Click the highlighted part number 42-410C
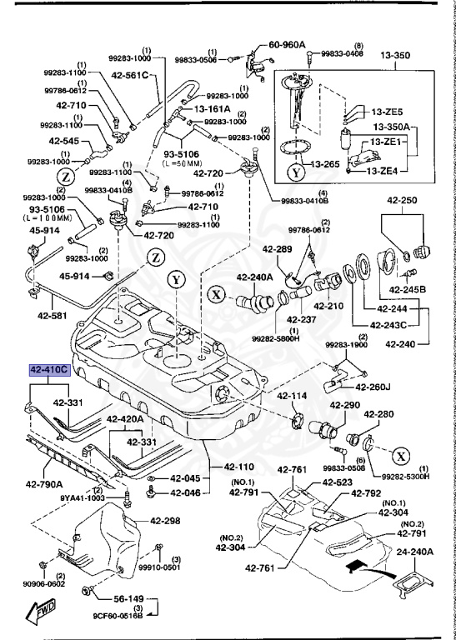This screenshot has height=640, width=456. pos(49,371)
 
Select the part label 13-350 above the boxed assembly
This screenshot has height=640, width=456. pos(395,56)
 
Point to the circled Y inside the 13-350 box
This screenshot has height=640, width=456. pos(296,172)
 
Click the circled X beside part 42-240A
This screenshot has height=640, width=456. pos(218,294)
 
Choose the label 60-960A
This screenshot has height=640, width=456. pos(287,45)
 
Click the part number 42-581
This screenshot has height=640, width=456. pos(53,315)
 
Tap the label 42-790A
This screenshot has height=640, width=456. pos(44,484)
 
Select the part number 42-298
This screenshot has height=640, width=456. pos(165,521)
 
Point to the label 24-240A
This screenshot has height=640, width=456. pos(415,552)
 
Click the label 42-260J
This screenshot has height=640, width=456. pos(373,387)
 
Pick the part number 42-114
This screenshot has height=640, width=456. pos(293,396)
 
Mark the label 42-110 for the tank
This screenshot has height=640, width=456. pos(238,467)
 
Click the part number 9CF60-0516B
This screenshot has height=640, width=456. pos(118,627)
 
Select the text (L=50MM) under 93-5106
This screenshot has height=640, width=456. pos(182,162)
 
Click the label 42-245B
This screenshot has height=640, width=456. pos(408,290)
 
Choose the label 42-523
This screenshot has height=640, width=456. pos(337,482)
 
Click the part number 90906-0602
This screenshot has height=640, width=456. pos(44,584)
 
